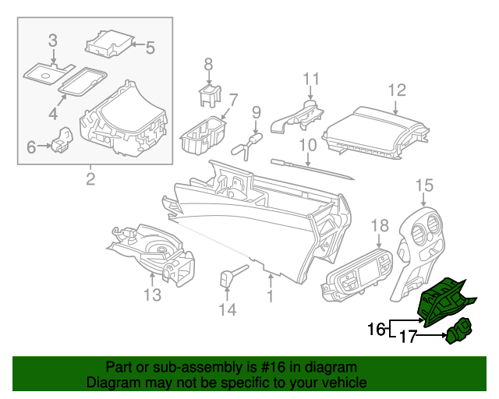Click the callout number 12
point(397,89)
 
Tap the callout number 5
point(149,47)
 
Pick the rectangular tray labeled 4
point(83,80)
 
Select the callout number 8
point(208,63)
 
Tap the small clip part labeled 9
point(248,142)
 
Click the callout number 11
point(311,78)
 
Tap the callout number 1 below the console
point(270,297)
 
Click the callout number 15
point(423,185)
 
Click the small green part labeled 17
point(456,332)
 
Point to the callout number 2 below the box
point(90,181)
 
